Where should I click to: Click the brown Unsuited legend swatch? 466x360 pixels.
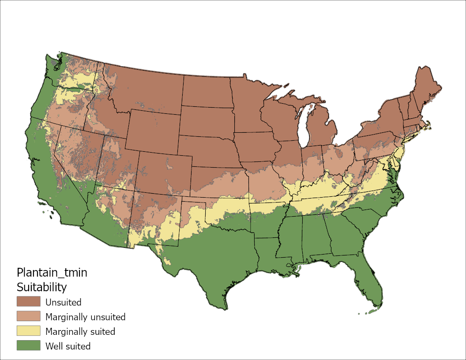tap(28, 302)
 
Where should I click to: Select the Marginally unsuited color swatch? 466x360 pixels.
tap(28, 316)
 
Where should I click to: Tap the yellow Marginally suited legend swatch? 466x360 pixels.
tap(28, 331)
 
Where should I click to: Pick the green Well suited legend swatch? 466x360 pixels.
tap(28, 345)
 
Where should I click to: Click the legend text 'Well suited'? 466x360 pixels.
tap(68, 346)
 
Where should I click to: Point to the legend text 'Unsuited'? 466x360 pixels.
tap(63, 302)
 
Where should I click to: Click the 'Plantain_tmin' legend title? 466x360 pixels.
tap(52, 272)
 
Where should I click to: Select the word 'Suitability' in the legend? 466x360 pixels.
tap(41, 287)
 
